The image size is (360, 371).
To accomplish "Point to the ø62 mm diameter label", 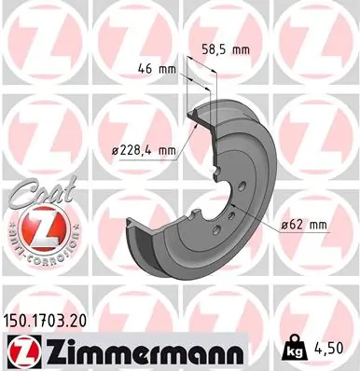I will pos(303,224).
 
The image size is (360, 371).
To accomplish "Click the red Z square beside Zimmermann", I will pos(20,352).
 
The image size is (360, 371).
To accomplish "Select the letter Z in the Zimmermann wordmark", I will pos(48,352).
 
